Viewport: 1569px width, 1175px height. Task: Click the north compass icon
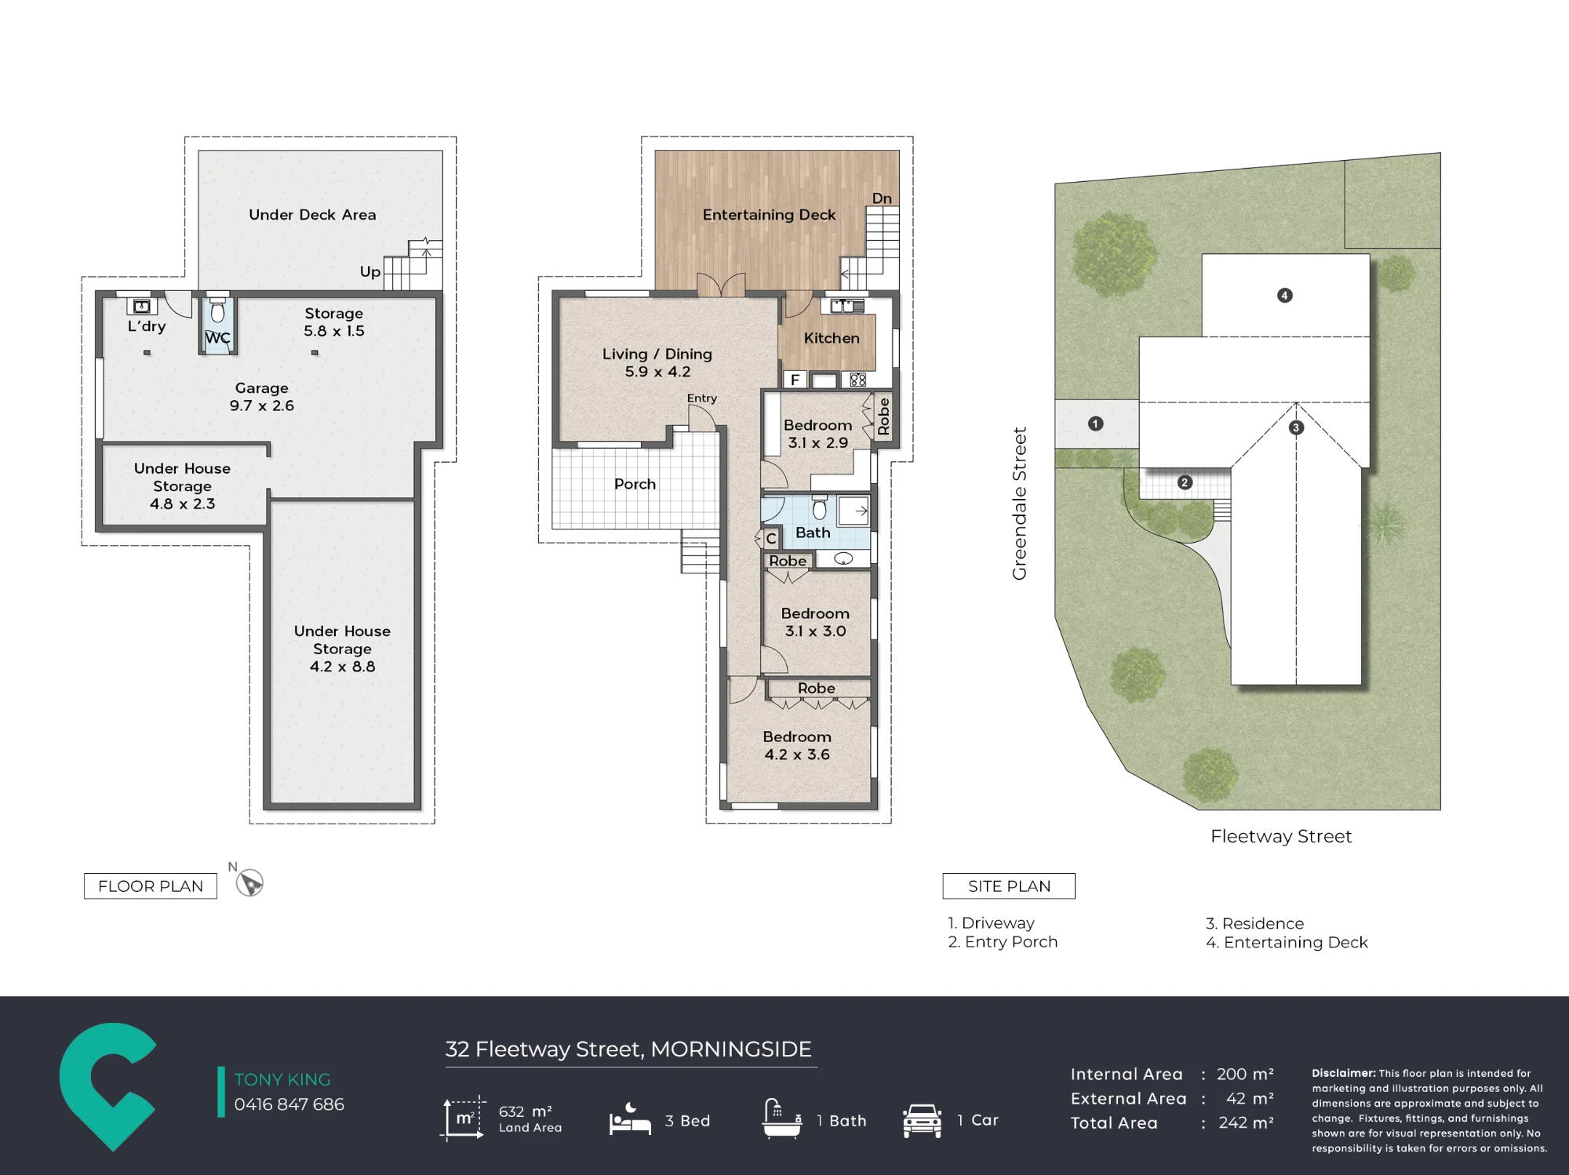pyautogui.click(x=249, y=883)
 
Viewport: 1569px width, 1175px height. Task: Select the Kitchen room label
pyautogui.click(x=832, y=338)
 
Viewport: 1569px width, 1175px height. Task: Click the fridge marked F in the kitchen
pyautogui.click(x=795, y=380)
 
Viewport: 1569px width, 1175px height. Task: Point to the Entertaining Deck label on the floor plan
pyautogui.click(x=769, y=215)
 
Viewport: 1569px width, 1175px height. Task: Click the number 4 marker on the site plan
pyautogui.click(x=1284, y=296)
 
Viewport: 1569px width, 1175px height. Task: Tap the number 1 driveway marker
pyautogui.click(x=1096, y=424)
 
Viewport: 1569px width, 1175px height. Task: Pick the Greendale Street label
pyautogui.click(x=1019, y=504)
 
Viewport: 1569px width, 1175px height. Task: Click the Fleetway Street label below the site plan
pyautogui.click(x=1281, y=836)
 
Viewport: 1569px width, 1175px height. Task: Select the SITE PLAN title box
pyautogui.click(x=1009, y=886)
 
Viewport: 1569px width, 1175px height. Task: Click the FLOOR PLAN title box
pyautogui.click(x=151, y=886)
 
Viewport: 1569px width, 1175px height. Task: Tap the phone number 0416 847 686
pyautogui.click(x=289, y=1104)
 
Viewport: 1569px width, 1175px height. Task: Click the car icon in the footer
pyautogui.click(x=922, y=1120)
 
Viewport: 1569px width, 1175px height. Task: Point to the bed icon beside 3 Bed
pyautogui.click(x=630, y=1119)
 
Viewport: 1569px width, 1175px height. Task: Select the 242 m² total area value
pyautogui.click(x=1246, y=1123)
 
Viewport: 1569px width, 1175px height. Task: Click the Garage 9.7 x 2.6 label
pyautogui.click(x=262, y=397)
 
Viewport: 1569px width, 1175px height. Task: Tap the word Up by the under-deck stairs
pyautogui.click(x=370, y=272)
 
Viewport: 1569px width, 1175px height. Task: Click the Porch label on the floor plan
pyautogui.click(x=635, y=484)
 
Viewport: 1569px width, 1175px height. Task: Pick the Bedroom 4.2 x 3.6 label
pyautogui.click(x=797, y=745)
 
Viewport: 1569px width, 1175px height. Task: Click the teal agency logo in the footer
pyautogui.click(x=108, y=1086)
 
